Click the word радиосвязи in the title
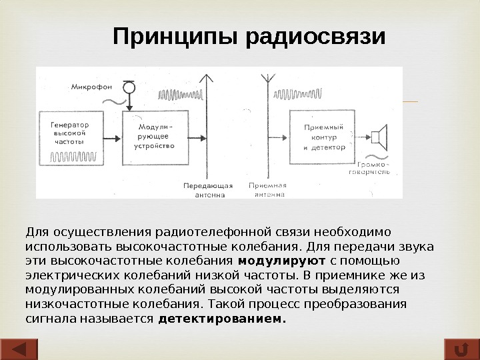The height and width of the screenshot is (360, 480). (316, 37)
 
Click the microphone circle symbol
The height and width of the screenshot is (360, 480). (130, 87)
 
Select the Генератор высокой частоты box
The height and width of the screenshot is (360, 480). (75, 138)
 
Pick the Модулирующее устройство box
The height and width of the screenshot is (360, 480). (155, 137)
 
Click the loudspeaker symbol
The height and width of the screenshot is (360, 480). (380, 137)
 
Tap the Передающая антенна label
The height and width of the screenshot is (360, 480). (208, 190)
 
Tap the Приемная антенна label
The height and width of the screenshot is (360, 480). (269, 190)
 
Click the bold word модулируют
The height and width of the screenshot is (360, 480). (282, 261)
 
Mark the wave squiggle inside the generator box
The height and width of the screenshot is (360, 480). (75, 157)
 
